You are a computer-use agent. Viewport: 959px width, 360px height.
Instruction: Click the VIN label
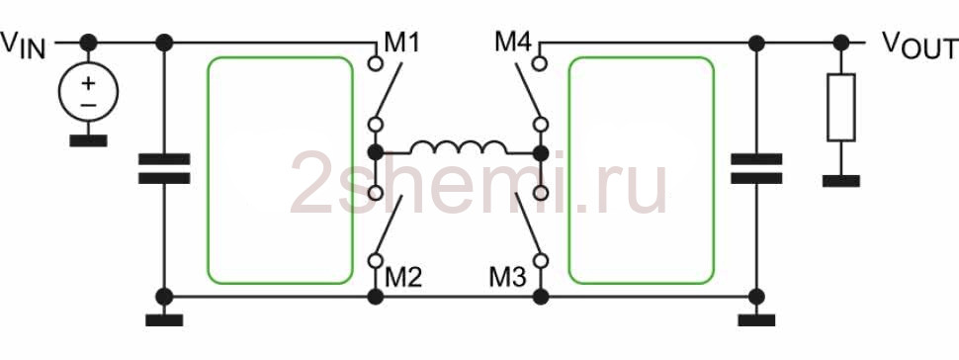(x=24, y=45)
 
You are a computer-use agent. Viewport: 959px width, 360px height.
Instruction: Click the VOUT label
(x=919, y=45)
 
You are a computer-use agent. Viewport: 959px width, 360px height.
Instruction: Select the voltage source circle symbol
(x=88, y=92)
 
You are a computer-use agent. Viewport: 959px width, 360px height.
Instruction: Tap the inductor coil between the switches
(x=458, y=147)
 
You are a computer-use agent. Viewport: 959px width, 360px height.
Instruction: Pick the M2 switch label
(x=403, y=278)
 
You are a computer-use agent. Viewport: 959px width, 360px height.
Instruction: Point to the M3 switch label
(x=507, y=278)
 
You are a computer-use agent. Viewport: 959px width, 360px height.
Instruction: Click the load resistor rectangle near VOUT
(x=841, y=107)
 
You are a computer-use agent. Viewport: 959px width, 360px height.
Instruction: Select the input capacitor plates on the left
(x=164, y=169)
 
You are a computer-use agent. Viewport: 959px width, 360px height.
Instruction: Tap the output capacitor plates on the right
(x=756, y=169)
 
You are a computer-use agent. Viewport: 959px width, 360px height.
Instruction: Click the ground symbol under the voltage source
(x=88, y=140)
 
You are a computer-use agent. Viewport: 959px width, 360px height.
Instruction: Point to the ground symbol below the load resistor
(x=841, y=181)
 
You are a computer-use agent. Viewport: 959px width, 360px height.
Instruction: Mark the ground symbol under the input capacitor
(x=164, y=320)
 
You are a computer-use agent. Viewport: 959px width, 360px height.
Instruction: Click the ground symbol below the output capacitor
(x=756, y=320)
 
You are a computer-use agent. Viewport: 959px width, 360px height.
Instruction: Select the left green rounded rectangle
(x=208, y=170)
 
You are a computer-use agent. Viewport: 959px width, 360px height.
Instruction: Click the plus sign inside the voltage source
(x=88, y=82)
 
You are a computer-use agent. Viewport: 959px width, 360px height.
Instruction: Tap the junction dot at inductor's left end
(x=376, y=152)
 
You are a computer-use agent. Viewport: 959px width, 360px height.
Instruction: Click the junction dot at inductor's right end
(x=541, y=152)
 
